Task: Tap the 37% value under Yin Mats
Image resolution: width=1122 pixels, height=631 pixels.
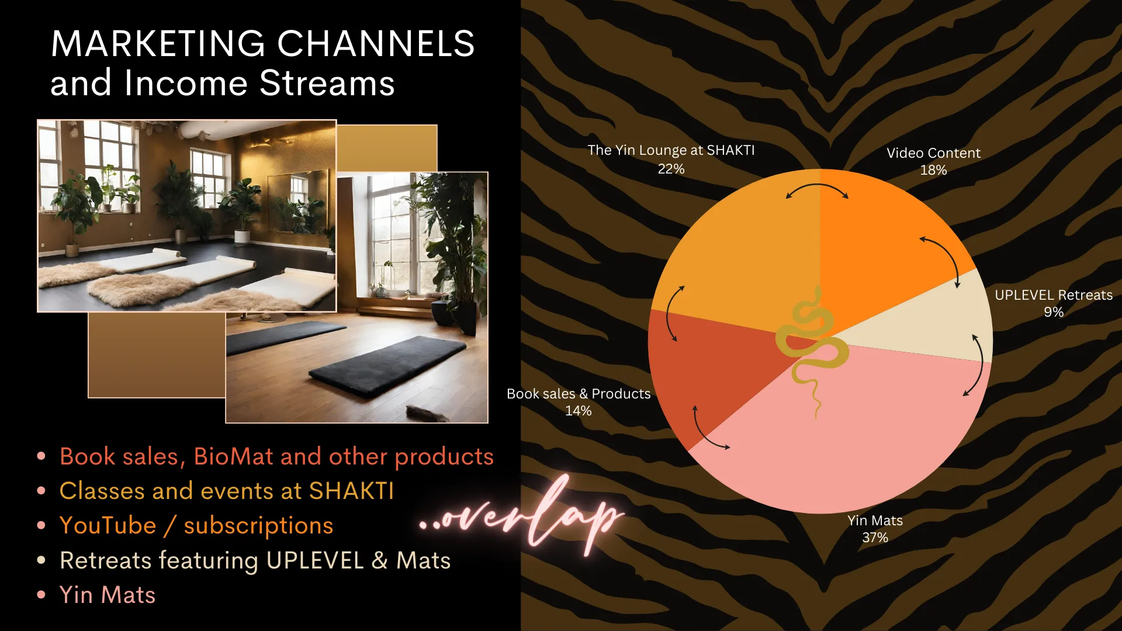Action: coord(875,538)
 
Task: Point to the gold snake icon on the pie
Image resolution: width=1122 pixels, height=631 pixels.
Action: coord(812,351)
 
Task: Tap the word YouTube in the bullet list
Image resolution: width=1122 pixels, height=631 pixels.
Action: coord(108,525)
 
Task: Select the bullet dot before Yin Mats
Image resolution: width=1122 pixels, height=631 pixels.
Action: coord(41,595)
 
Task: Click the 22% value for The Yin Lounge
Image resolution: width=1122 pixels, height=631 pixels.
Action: coord(671,169)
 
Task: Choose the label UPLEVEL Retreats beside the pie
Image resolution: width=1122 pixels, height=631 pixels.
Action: coord(1054,295)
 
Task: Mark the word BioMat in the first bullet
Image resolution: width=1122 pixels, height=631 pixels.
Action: coord(234,456)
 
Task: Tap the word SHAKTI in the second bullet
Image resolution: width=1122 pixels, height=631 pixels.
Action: coord(351,491)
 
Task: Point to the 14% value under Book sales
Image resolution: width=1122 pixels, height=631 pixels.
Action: coord(578,411)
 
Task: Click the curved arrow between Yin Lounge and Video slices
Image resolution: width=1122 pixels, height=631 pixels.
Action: coord(817,185)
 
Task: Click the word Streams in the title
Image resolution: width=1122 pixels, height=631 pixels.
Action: coord(327,83)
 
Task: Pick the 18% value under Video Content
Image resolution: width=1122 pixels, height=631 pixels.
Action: coord(933,170)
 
